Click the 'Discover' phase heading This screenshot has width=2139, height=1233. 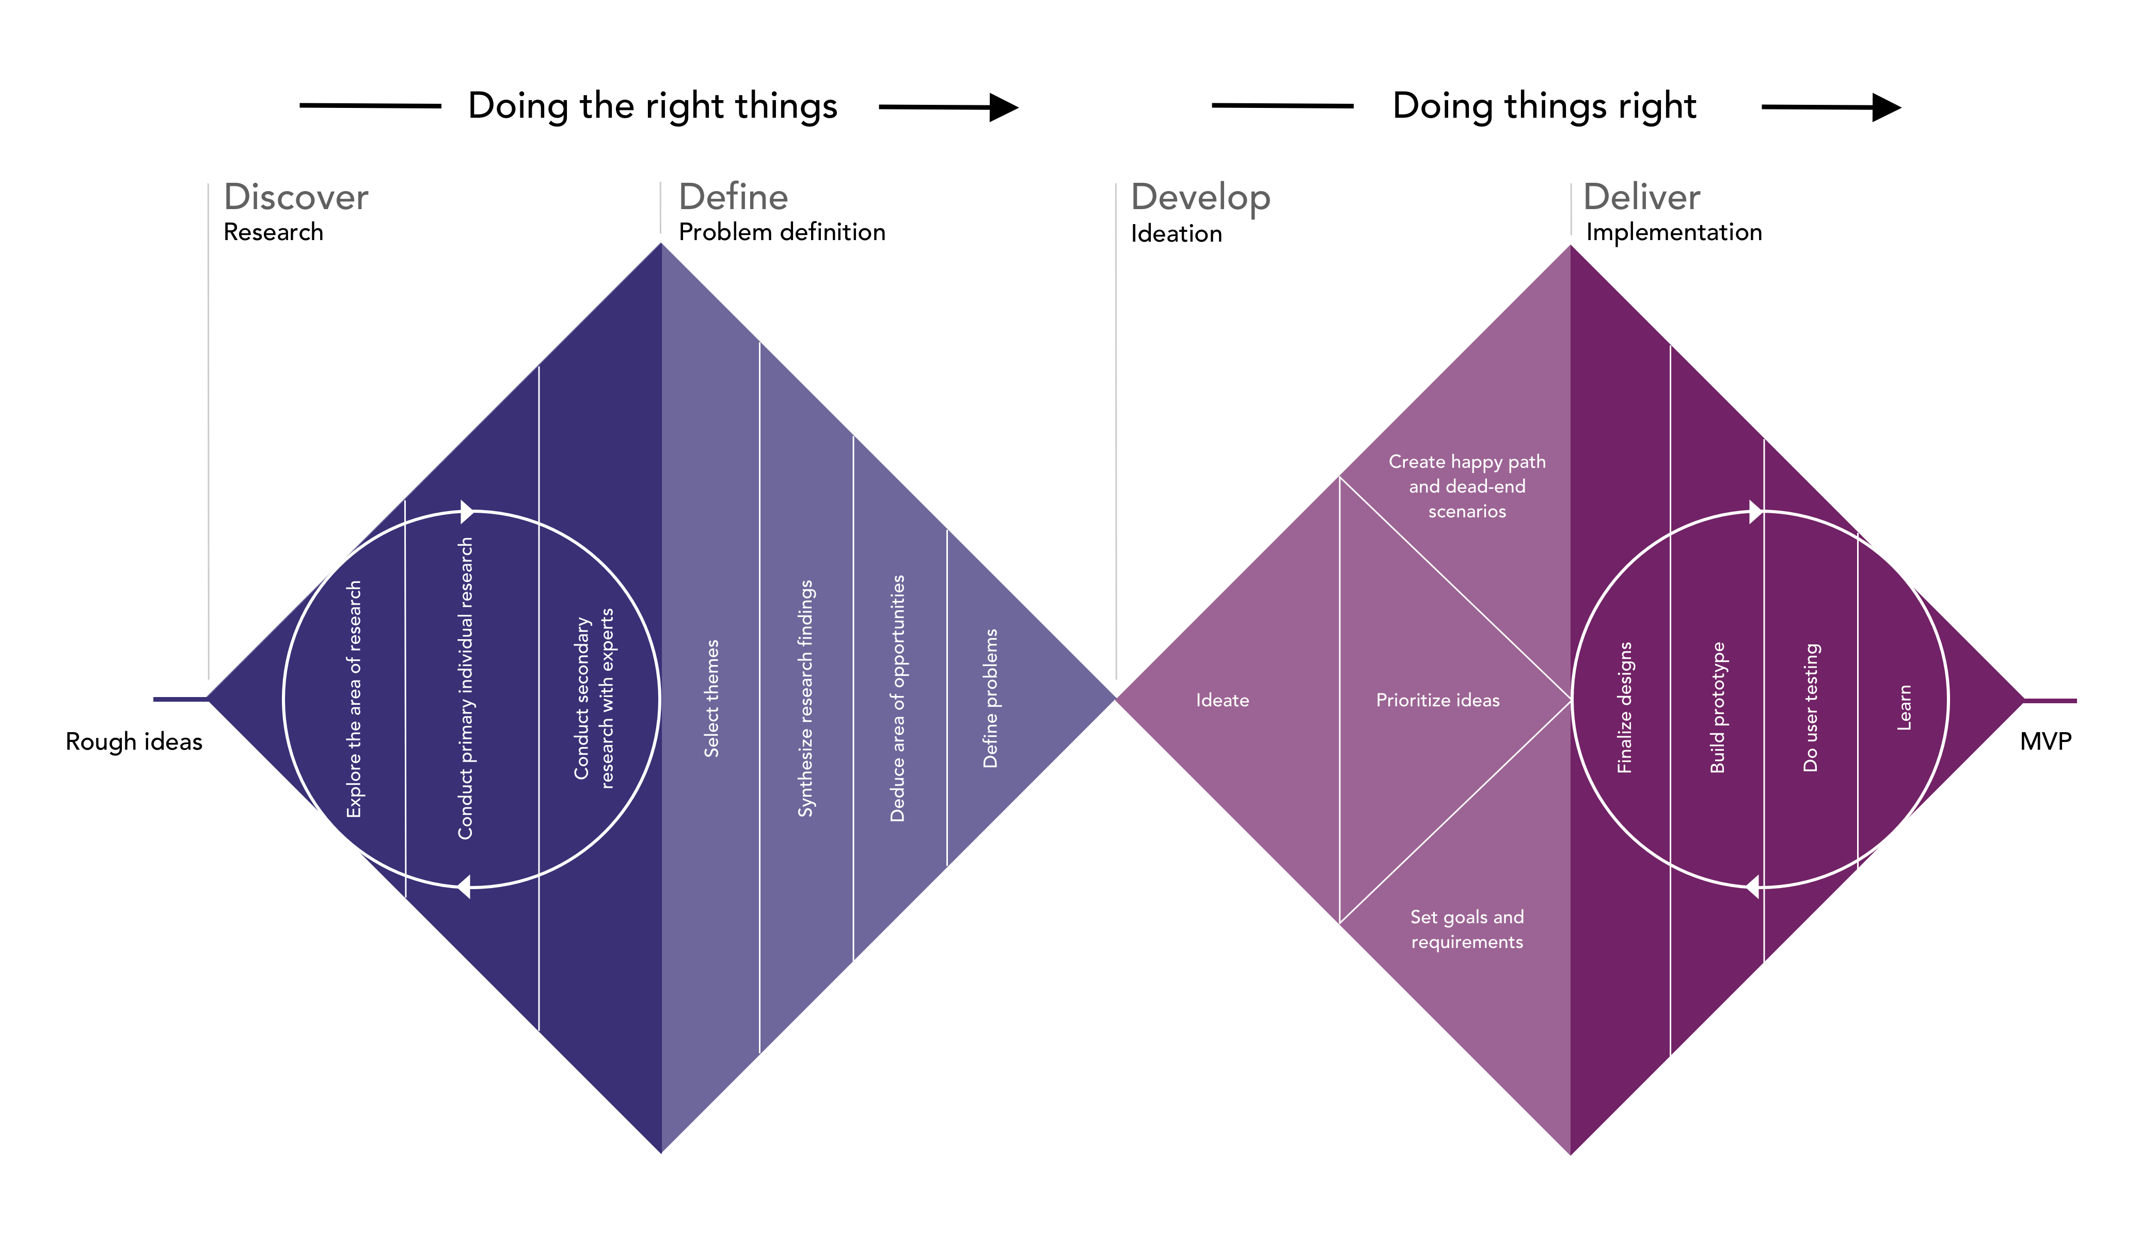point(295,197)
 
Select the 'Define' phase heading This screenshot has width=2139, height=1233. point(733,197)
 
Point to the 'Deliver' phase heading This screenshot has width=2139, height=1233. point(1641,197)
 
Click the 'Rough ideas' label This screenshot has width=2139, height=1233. point(134,742)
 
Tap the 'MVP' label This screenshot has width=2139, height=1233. point(2046,742)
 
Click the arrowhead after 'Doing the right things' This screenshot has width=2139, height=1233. point(1004,107)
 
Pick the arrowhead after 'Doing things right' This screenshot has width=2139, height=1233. point(1887,107)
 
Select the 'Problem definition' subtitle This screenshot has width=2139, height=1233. point(782,232)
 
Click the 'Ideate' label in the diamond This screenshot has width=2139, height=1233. point(1222,700)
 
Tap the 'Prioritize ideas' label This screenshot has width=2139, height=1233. point(1437,700)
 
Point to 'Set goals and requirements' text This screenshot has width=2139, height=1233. point(1467,929)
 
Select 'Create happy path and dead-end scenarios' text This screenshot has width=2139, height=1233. point(1467,486)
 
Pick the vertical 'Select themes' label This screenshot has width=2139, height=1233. point(711,698)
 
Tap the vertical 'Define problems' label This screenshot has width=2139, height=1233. point(990,698)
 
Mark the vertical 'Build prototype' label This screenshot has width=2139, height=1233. point(1717,707)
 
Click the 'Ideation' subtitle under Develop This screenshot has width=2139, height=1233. point(1176,234)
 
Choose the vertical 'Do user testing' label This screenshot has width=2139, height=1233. point(1811,707)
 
